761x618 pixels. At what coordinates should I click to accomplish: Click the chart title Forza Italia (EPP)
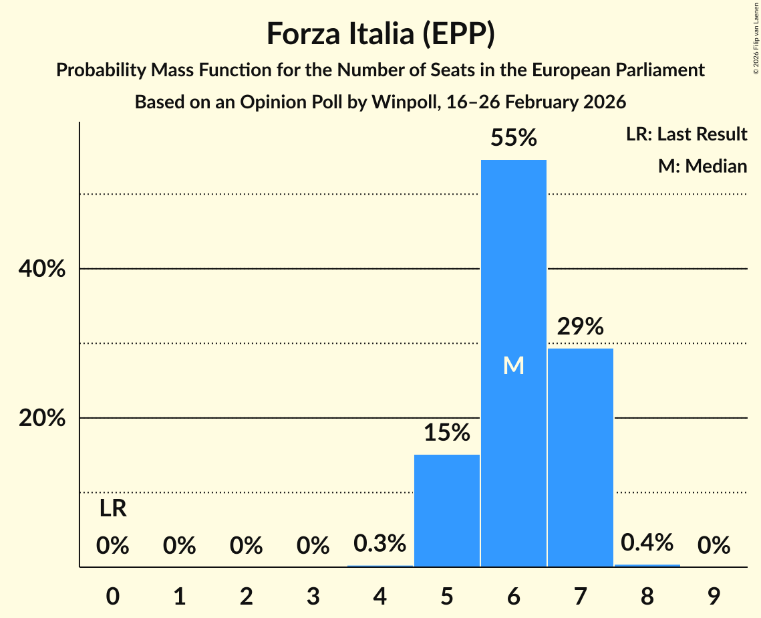[380, 34]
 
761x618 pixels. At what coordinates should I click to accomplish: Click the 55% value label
[513, 138]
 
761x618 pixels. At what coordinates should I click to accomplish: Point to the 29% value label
[580, 327]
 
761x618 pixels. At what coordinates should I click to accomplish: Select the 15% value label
[447, 433]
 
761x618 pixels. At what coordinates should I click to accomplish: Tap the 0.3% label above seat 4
[380, 544]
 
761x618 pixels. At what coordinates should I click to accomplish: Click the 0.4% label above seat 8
[647, 542]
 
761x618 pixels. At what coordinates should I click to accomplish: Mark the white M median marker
[513, 365]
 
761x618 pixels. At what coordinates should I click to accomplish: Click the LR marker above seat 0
[113, 509]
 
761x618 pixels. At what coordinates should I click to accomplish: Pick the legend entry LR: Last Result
[686, 134]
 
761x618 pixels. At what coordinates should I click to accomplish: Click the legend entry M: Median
[702, 166]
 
